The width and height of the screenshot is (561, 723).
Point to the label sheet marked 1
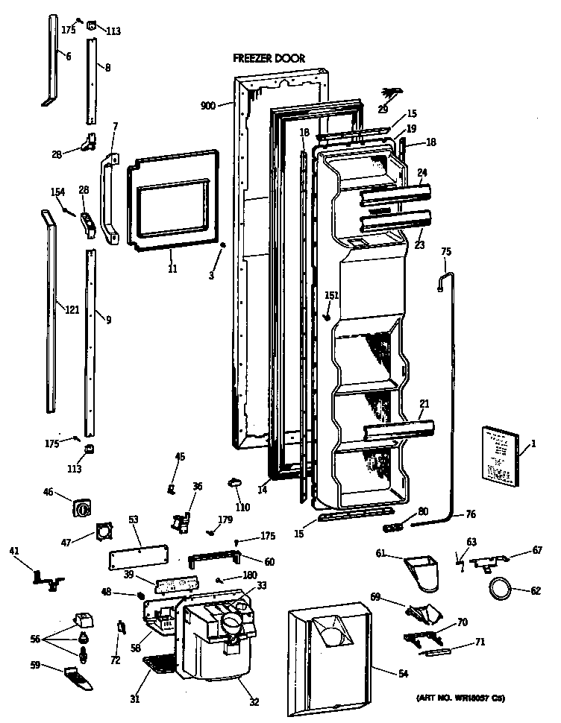(499, 454)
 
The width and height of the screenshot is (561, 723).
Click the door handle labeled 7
(110, 198)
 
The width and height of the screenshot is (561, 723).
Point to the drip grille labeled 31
(157, 663)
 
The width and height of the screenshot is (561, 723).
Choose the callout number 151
(331, 295)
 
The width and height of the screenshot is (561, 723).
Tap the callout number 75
(446, 252)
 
